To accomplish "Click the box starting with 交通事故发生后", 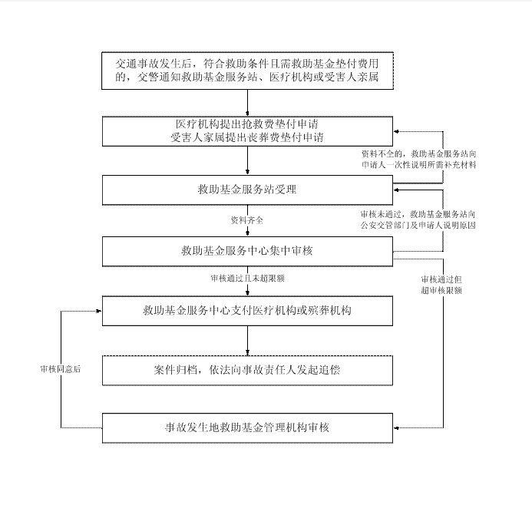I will pyautogui.click(x=247, y=70).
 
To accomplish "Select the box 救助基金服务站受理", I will pyautogui.click(x=247, y=190).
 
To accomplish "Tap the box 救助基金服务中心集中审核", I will pyautogui.click(x=247, y=251).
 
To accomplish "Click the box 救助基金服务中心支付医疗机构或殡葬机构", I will pyautogui.click(x=247, y=311).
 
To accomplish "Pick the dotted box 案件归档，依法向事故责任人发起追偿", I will pyautogui.click(x=247, y=369).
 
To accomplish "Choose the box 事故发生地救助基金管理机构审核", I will pyautogui.click(x=247, y=427).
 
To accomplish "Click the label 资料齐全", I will pyautogui.click(x=247, y=220).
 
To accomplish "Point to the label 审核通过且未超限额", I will pyautogui.click(x=247, y=279).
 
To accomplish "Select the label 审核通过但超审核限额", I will pyautogui.click(x=441, y=284).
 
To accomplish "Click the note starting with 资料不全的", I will pyautogui.click(x=419, y=159).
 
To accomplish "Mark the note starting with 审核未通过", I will pyautogui.click(x=419, y=219).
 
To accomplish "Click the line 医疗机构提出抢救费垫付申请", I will pyautogui.click(x=247, y=124).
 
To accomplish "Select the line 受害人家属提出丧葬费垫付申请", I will pyautogui.click(x=247, y=137).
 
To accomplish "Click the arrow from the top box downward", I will pyautogui.click(x=247, y=101).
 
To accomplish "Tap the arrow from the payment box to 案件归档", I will pyautogui.click(x=247, y=340).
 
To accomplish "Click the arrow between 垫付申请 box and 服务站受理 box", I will pyautogui.click(x=247, y=160).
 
